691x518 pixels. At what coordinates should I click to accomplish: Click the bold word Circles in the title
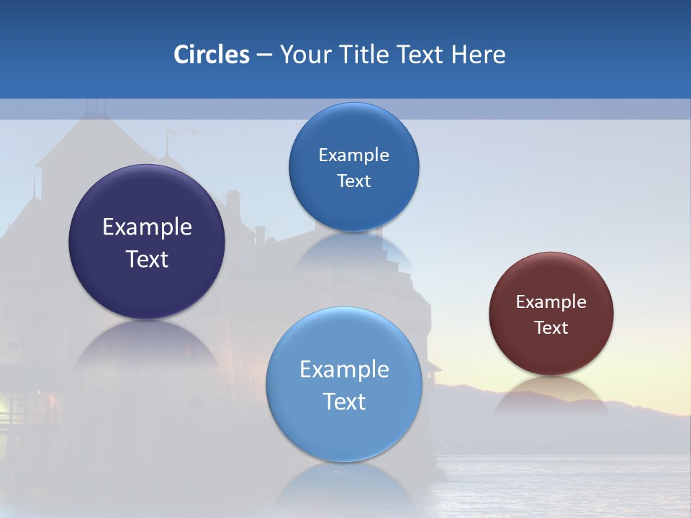pos(212,55)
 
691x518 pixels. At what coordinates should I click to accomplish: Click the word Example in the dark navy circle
pos(147,227)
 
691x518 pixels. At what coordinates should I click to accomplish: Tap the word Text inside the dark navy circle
pos(147,259)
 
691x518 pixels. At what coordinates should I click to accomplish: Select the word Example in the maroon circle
pos(551,302)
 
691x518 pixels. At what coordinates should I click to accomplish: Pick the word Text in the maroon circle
pos(551,328)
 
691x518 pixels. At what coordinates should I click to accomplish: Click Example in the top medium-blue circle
pos(353,155)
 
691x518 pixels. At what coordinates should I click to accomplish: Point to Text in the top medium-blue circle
pos(353,181)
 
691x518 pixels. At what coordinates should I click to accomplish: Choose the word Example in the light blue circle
pos(344,370)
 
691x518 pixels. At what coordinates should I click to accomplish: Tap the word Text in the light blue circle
pos(344,401)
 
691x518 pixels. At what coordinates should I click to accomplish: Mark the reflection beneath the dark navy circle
pos(146,345)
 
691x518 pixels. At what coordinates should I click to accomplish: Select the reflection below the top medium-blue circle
pos(354,252)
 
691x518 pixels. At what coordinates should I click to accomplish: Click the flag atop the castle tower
pos(170,132)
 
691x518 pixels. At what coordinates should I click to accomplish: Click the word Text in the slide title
pos(421,55)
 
